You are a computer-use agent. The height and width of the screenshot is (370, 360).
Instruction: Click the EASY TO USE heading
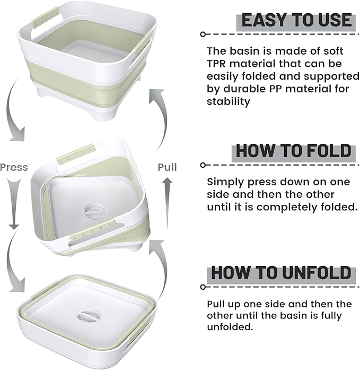click(x=296, y=20)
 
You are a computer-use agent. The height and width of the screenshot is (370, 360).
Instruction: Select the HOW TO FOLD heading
click(x=293, y=150)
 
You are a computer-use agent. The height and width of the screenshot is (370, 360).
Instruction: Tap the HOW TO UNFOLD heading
click(x=281, y=273)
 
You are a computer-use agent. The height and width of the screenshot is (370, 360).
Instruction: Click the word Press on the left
click(x=14, y=167)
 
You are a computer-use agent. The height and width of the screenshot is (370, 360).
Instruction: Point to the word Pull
click(x=167, y=167)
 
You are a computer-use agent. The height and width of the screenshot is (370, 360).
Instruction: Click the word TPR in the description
click(x=218, y=64)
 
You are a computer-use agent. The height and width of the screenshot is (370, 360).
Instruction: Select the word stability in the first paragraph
click(x=228, y=101)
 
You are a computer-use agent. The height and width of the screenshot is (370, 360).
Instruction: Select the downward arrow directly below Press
click(x=13, y=204)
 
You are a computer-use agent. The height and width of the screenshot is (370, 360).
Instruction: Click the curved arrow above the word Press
click(x=16, y=119)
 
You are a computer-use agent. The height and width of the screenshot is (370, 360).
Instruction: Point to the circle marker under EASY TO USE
click(x=203, y=34)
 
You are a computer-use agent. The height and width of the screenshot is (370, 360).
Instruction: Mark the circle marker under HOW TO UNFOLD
click(x=203, y=287)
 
